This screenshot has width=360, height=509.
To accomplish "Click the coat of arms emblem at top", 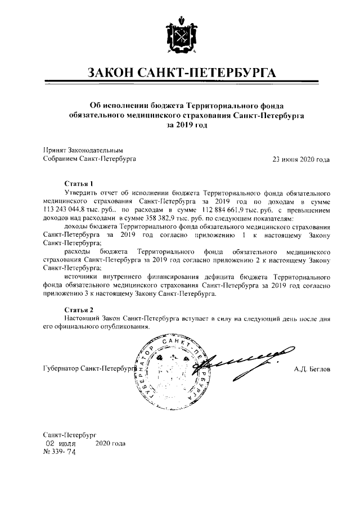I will (179, 35).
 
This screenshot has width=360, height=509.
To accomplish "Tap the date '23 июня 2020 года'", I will (301, 159).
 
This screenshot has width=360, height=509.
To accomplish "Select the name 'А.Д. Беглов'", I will (312, 369).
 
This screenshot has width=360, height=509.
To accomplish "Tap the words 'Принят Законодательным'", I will (83, 151).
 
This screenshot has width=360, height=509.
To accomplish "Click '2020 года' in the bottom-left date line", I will (111, 443).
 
